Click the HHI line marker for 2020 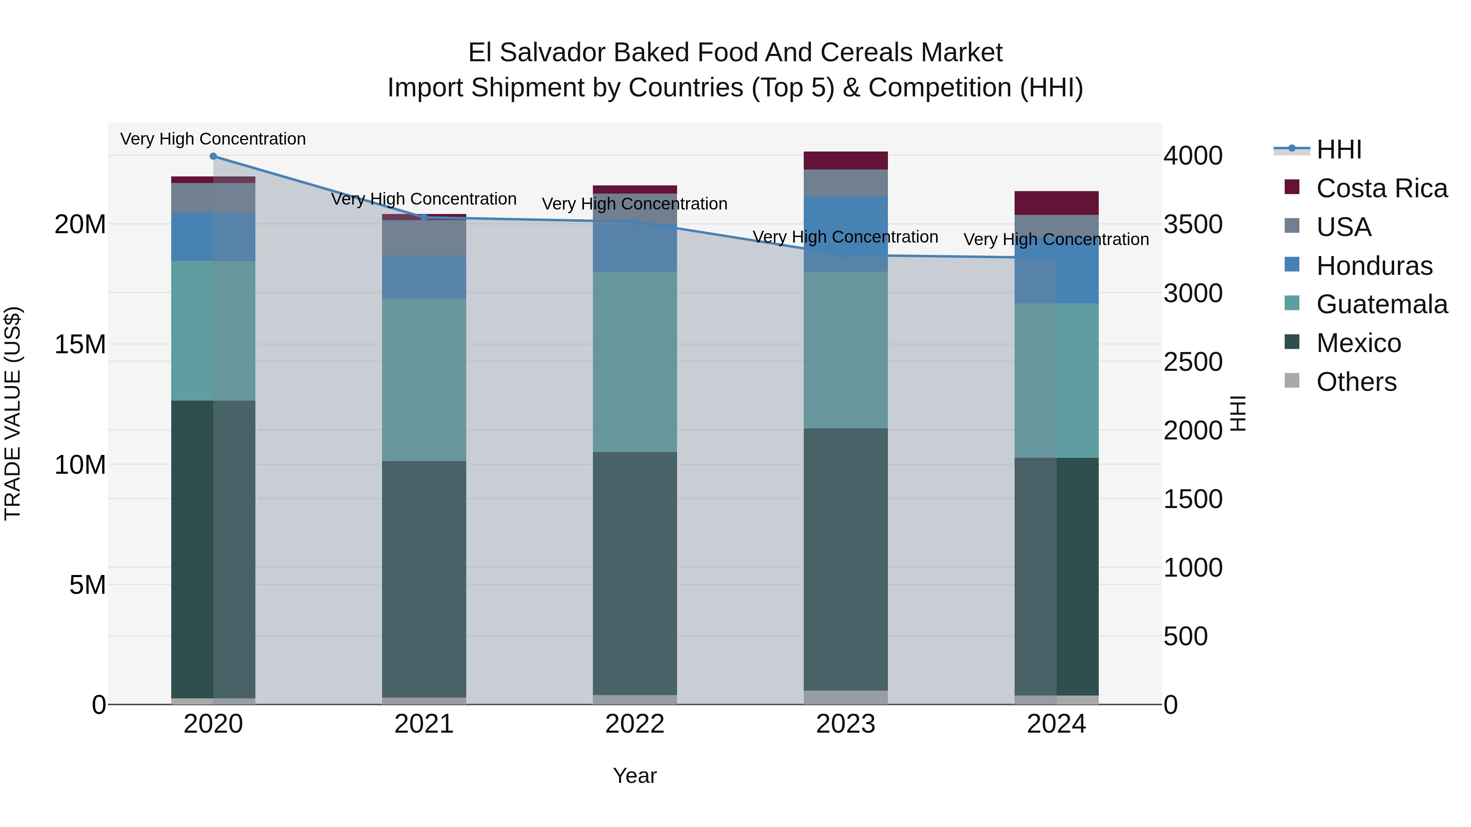(213, 156)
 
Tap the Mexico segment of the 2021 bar (424, 579)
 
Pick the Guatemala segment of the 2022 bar (635, 362)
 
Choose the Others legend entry (1356, 382)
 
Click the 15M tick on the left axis (80, 345)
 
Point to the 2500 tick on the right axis (1193, 362)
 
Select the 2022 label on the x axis (635, 724)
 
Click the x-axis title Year (635, 776)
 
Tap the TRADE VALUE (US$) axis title (13, 413)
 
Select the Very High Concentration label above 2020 (213, 139)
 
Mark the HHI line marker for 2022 (635, 221)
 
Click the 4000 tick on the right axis (1193, 156)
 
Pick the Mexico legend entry (1358, 343)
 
